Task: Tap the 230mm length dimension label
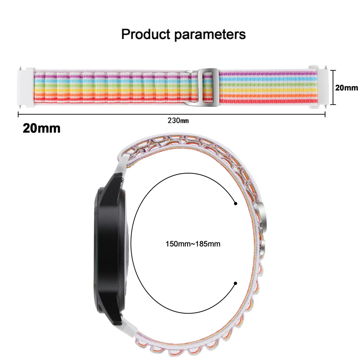(x=178, y=121)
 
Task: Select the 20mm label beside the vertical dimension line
(x=347, y=87)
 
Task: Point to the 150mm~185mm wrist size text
(x=193, y=244)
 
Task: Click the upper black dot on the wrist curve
(x=235, y=204)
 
